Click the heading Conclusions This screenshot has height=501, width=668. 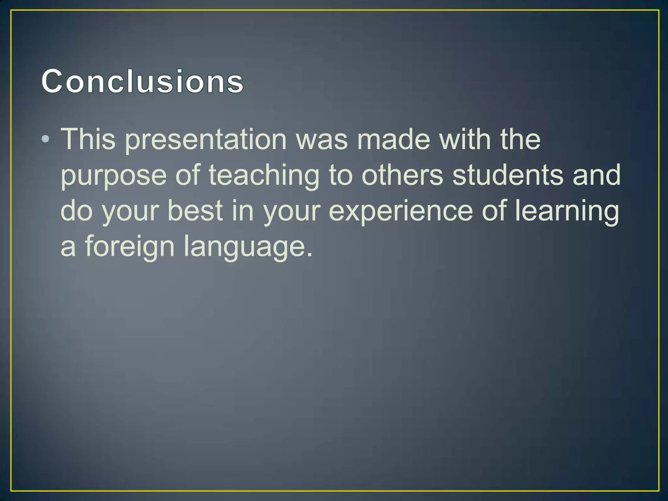(142, 82)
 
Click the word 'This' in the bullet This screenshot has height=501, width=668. (88, 139)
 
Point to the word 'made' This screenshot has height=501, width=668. (394, 139)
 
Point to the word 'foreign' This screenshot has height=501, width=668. (130, 247)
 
